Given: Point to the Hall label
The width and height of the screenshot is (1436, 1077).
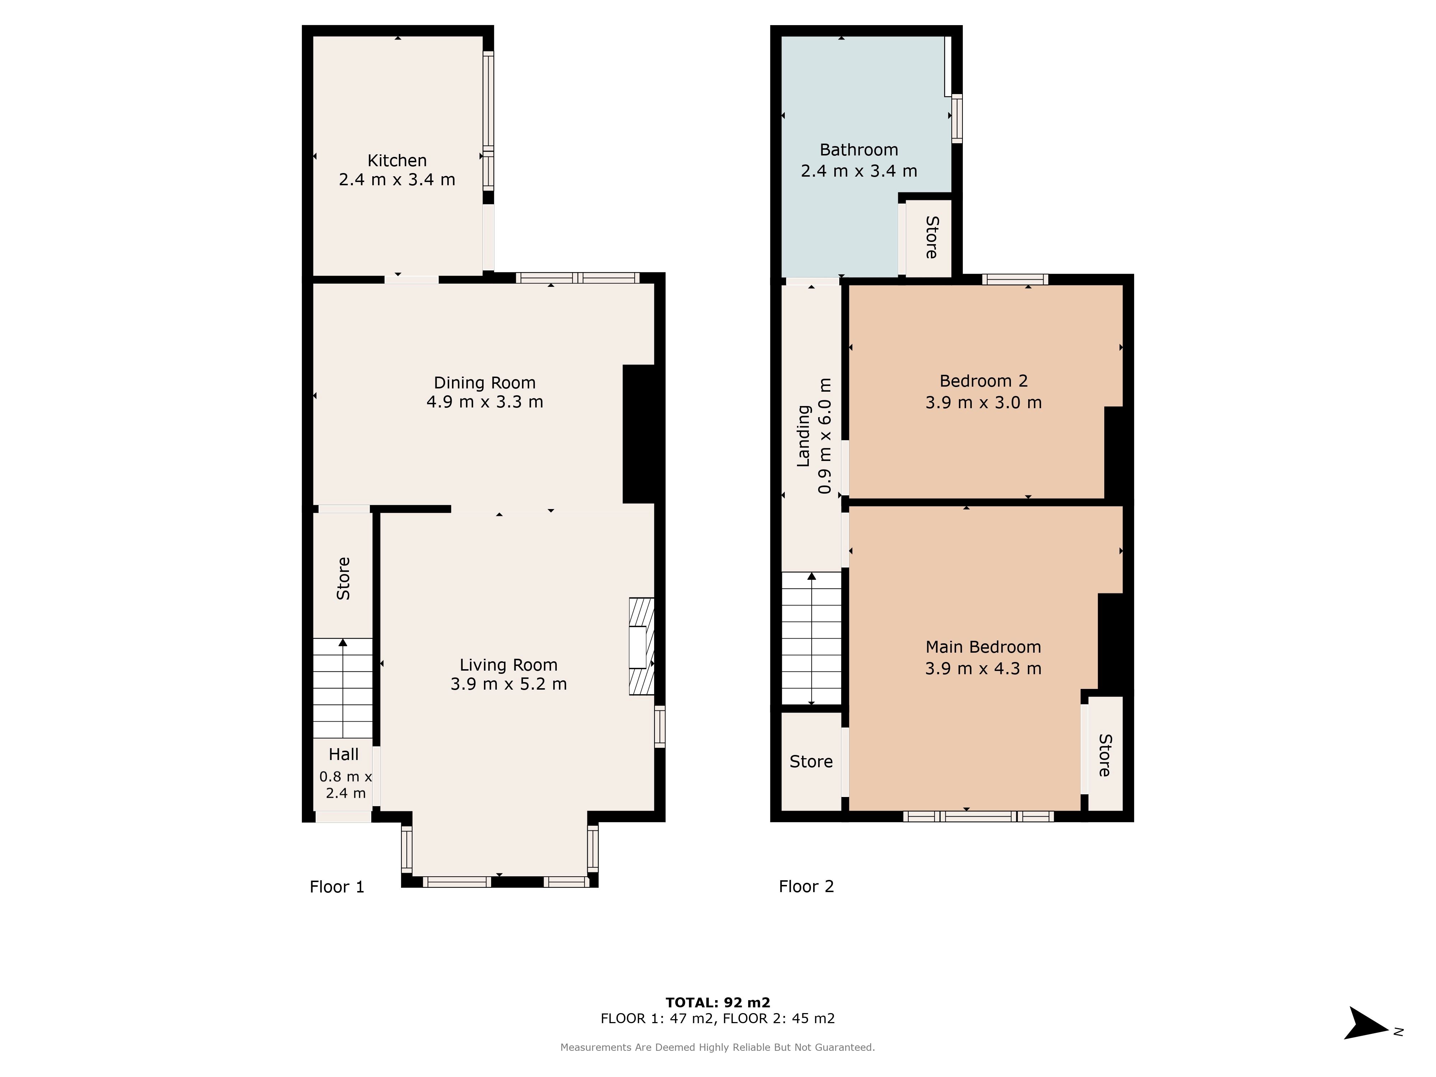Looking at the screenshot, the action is point(344,754).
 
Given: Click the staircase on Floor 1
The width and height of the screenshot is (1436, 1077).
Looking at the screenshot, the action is point(343,688).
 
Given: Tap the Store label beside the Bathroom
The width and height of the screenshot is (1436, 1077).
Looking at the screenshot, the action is point(932,238).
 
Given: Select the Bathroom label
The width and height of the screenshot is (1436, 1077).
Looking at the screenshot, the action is point(858,150).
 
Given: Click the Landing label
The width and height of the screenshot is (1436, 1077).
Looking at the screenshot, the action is point(804,435).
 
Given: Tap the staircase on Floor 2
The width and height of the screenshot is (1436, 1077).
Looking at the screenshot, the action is point(811,638).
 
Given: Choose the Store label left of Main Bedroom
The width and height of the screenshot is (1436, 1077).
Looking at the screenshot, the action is point(811,761).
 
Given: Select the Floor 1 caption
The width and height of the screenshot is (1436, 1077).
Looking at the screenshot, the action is point(337,887).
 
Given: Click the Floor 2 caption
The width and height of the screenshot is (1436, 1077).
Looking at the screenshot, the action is point(806,886).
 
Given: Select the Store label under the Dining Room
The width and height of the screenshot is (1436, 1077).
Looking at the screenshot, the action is point(344,578).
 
